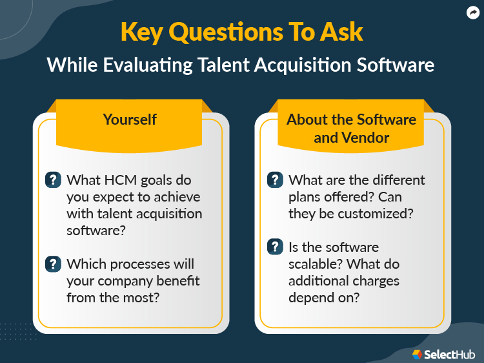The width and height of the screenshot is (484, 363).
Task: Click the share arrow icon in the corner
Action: (472, 12)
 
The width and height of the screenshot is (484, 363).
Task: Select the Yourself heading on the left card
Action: (130, 120)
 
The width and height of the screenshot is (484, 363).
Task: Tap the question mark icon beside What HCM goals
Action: (53, 180)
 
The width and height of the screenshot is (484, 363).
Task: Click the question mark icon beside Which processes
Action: (53, 264)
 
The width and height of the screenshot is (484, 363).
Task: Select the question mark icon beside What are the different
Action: (275, 180)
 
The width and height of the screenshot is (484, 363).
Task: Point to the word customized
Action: (377, 214)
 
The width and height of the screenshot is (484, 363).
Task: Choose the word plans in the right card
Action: (305, 197)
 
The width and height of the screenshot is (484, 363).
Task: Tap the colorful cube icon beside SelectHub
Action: (416, 354)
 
